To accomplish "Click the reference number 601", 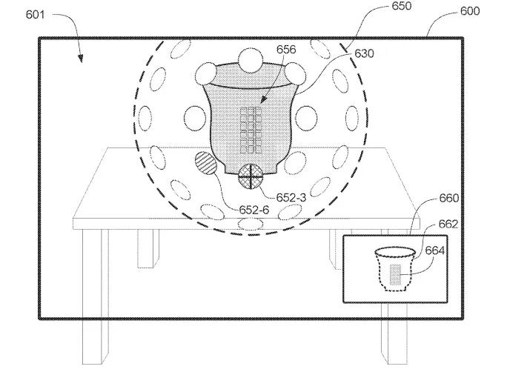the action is [35, 15].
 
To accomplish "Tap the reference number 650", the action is [402, 6].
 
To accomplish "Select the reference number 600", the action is [470, 11].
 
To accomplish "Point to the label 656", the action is [286, 50].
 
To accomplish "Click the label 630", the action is [364, 53].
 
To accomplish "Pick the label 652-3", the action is [291, 198].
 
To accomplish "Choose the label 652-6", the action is [254, 210].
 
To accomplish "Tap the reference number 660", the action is [449, 198].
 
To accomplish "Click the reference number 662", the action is [448, 224].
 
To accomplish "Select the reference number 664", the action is [434, 250].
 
